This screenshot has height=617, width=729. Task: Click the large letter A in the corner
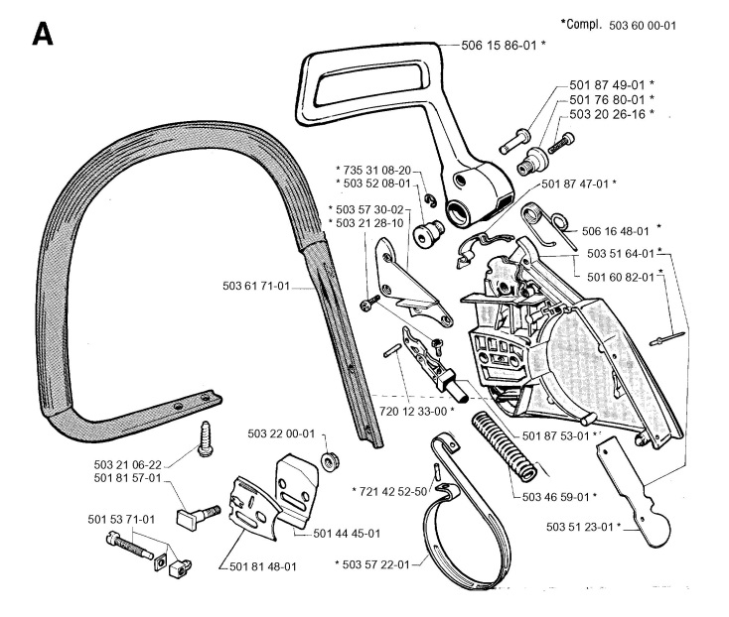41,34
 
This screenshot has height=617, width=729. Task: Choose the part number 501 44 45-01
348,534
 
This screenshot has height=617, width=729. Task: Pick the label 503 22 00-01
280,433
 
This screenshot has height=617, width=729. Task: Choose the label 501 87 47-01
578,184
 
